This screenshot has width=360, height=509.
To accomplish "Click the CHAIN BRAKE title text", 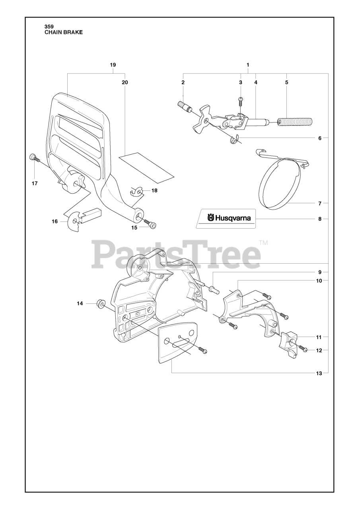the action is point(64,33).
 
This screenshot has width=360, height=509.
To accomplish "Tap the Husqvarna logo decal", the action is point(226,218).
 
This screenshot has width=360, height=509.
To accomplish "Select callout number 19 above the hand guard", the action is point(113,65).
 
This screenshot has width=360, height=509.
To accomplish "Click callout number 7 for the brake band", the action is point(320,204).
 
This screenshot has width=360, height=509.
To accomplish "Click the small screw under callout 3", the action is point(240,101).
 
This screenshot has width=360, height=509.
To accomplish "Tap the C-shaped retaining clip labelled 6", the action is point(234,139).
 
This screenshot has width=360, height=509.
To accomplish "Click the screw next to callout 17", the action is point(34,158).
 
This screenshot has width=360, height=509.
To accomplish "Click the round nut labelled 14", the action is point(100,304).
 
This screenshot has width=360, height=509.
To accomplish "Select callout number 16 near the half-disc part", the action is point(55,221).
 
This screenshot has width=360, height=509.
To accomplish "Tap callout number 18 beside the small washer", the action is point(154,190).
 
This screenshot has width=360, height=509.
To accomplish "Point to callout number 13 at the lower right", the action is point(319,373).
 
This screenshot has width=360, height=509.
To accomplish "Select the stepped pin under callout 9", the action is point(214,289).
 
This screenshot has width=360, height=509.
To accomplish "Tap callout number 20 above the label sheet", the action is point(125,82).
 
